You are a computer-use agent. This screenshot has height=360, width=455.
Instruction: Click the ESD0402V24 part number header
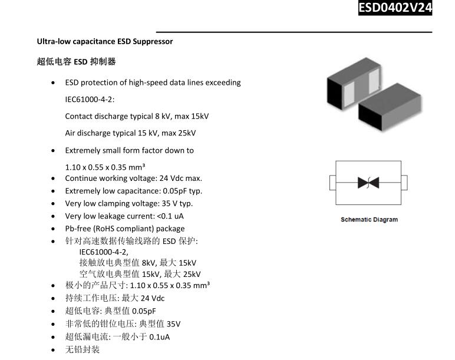(395, 8)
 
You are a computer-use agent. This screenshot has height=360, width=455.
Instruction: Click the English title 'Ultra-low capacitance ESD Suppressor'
(105, 41)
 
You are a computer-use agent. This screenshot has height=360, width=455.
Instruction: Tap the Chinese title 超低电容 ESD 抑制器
(76, 61)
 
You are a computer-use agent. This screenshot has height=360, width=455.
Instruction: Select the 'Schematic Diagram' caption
(369, 220)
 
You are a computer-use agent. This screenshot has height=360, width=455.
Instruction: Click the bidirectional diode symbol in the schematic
(368, 183)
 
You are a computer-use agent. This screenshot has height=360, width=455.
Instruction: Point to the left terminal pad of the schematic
(332, 183)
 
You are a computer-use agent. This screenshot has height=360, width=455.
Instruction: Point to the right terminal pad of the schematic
(404, 183)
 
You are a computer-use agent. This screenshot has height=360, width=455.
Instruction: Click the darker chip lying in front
(390, 107)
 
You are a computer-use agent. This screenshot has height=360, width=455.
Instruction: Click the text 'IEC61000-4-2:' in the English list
(90, 100)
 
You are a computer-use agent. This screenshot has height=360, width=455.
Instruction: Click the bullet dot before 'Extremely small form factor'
(53, 151)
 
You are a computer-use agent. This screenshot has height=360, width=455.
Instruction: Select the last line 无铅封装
(83, 349)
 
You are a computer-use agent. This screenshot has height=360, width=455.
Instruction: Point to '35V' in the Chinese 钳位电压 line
(173, 324)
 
